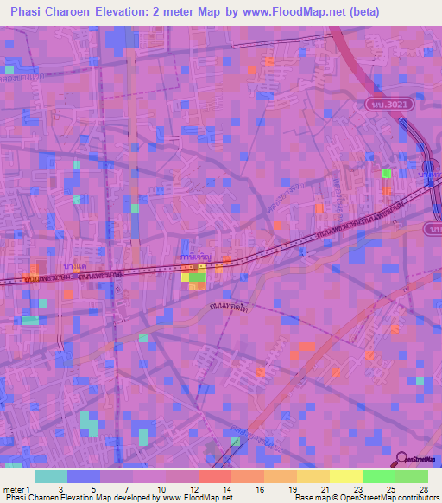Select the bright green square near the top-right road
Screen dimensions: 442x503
tap(387, 174)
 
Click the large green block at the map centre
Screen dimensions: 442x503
tap(198, 277)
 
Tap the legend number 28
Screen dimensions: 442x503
tap(422, 488)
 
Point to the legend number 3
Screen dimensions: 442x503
tap(59, 488)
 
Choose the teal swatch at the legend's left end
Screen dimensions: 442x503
tap(51, 476)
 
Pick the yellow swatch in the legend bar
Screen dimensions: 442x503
tap(345, 476)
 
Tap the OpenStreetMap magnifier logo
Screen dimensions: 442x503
tap(401, 459)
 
